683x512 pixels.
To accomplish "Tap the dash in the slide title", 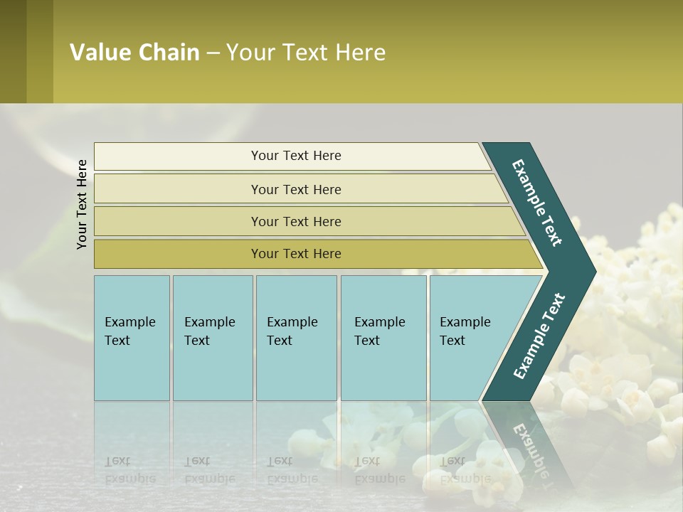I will click(x=213, y=53).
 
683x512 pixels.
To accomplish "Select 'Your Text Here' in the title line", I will click(x=306, y=53).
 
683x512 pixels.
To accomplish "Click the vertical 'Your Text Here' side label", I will click(x=82, y=204).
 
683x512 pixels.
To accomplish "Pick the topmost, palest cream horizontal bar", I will click(x=292, y=156).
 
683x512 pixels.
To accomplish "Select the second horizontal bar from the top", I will click(x=296, y=189).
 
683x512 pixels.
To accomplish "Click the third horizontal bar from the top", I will click(x=296, y=221).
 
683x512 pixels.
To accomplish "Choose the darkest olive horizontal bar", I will click(x=296, y=254).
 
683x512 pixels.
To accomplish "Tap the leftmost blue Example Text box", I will click(x=132, y=338).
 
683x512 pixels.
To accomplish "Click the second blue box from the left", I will click(x=213, y=338).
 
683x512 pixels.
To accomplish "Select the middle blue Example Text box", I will click(x=296, y=338).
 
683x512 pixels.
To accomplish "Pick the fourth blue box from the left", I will click(x=383, y=338).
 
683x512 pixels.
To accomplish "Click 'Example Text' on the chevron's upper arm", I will click(x=537, y=203).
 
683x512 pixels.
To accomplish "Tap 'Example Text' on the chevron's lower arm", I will click(x=539, y=336).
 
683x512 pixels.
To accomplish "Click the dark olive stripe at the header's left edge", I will click(x=13, y=51).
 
